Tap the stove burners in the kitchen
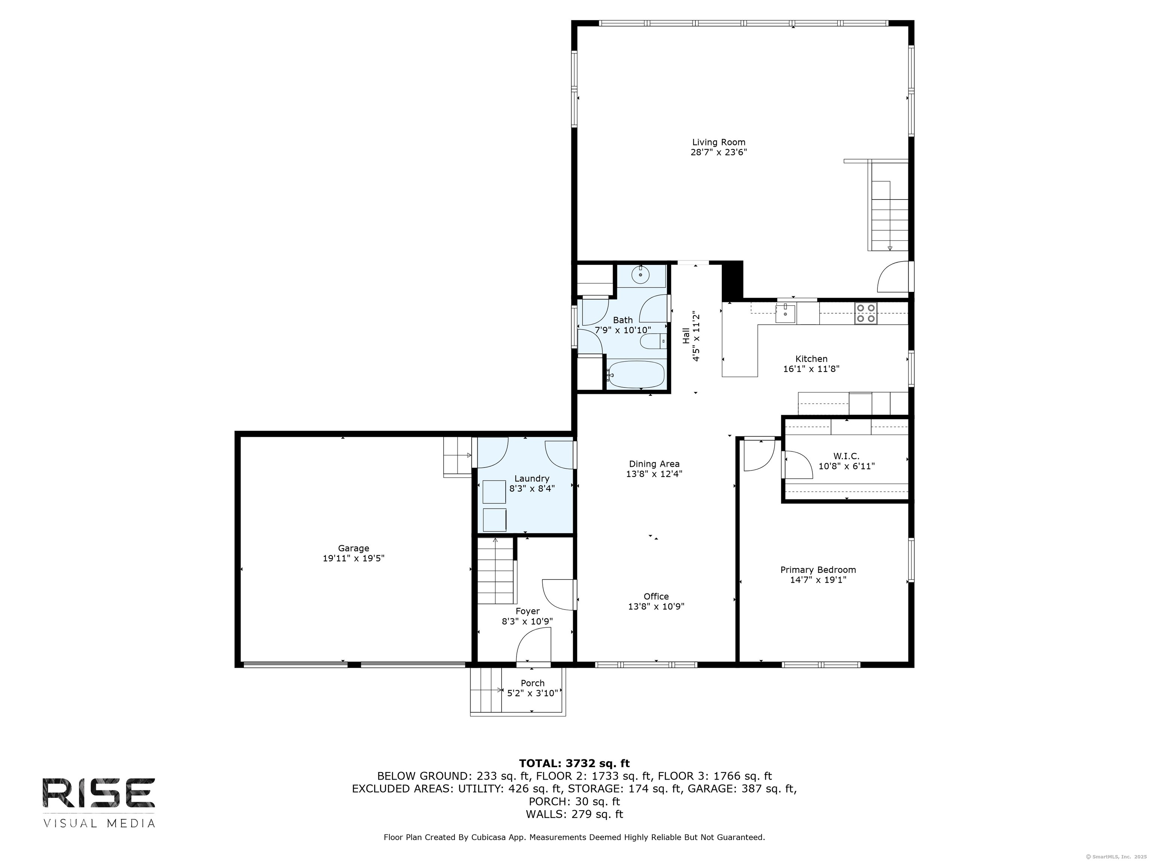click(x=866, y=314)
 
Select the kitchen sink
click(x=785, y=314)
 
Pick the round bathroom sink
click(x=641, y=275)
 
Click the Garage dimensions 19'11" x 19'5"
click(x=353, y=558)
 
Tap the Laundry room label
click(x=532, y=478)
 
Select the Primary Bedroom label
click(x=818, y=570)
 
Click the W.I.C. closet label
click(x=846, y=456)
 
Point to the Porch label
click(x=533, y=683)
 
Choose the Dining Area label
click(x=654, y=464)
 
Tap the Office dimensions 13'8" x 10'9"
click(x=656, y=606)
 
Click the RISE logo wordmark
click(x=99, y=793)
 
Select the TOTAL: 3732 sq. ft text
click(x=574, y=763)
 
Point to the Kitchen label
click(x=811, y=359)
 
